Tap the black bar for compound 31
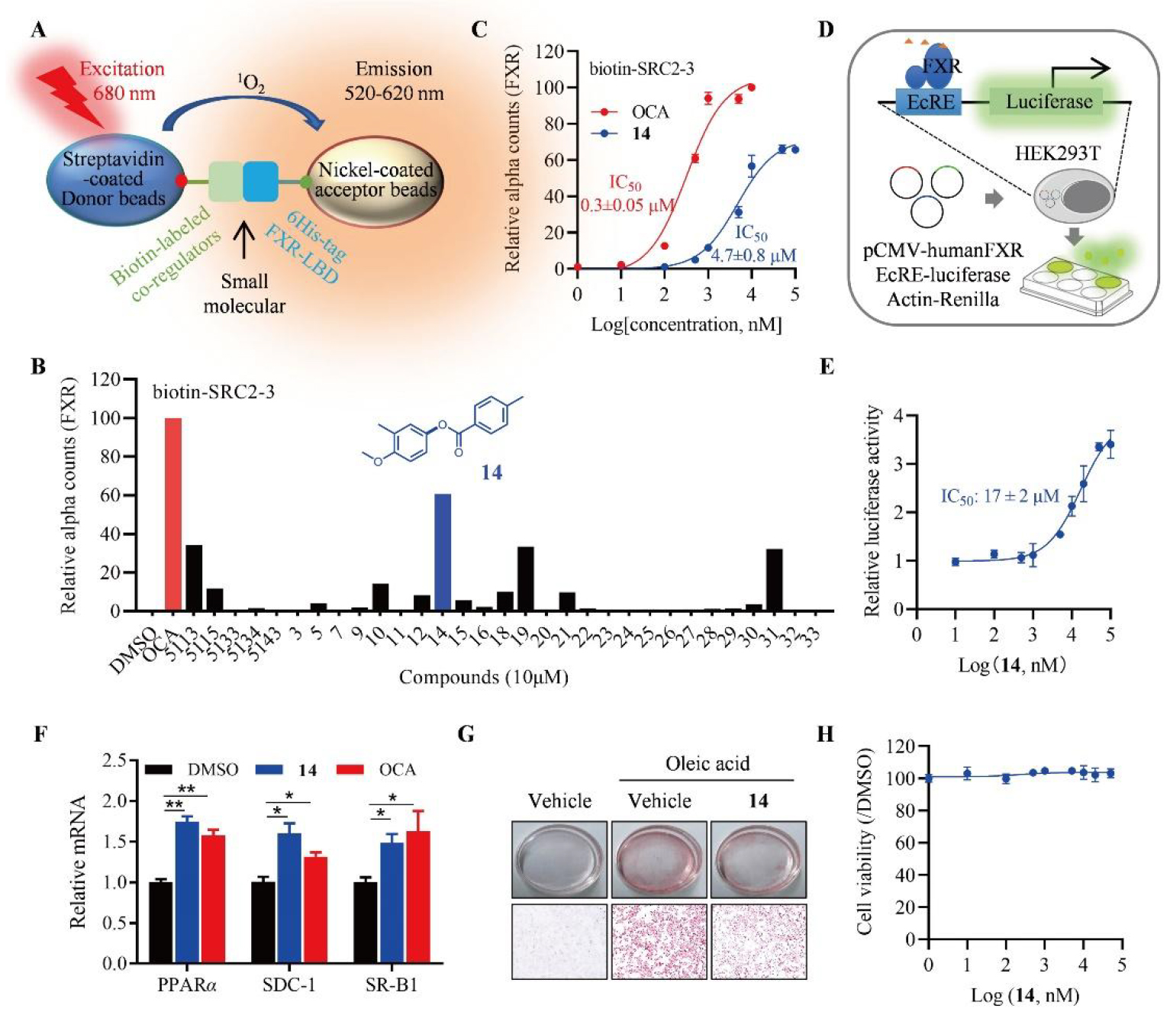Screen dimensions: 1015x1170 (774, 580)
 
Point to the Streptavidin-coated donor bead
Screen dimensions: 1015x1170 (114, 179)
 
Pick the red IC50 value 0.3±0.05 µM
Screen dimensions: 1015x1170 (627, 205)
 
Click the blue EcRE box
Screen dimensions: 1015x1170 (930, 101)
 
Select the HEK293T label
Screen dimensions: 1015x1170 (1057, 153)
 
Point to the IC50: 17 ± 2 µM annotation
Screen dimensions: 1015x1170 (1000, 497)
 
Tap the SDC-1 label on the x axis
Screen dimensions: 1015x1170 (288, 984)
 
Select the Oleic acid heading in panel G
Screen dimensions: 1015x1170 (707, 764)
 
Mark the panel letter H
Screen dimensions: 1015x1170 (826, 734)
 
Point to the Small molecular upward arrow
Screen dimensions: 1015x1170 (244, 240)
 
